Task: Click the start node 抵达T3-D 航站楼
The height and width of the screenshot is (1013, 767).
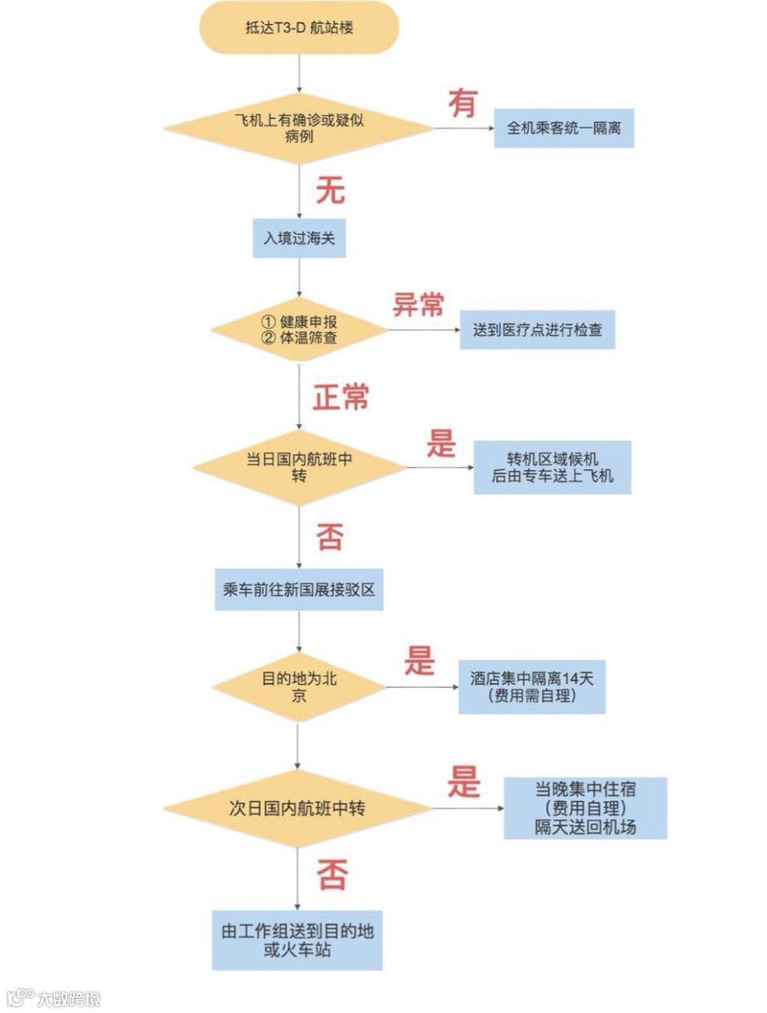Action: pos(299,28)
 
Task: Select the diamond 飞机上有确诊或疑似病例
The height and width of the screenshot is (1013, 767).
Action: pos(299,128)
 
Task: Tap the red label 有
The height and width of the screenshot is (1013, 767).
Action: pos(463,103)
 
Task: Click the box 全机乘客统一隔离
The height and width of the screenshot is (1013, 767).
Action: pos(564,128)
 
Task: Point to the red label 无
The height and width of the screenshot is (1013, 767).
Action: pos(330,190)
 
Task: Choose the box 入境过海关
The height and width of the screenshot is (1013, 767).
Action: pos(299,238)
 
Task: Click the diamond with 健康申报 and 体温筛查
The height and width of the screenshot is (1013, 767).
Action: pos(299,330)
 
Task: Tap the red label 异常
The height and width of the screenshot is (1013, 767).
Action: pos(418,304)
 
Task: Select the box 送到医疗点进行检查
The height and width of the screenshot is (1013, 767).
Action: pos(536,330)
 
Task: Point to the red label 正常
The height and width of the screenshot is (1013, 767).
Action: pos(341,397)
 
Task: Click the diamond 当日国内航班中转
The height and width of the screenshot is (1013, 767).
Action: pos(299,468)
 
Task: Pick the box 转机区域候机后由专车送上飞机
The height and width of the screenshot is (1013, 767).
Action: pos(552,468)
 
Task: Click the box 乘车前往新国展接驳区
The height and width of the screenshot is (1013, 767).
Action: pos(299,589)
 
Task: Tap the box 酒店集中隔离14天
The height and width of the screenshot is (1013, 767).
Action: pos(532,687)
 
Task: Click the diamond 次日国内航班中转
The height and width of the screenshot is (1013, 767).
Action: pos(298,808)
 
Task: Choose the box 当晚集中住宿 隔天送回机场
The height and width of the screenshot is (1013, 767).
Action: pos(585,807)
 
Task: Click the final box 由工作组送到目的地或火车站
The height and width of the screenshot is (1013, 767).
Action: pos(297,940)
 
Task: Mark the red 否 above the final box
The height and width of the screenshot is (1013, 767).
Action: pos(332,874)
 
